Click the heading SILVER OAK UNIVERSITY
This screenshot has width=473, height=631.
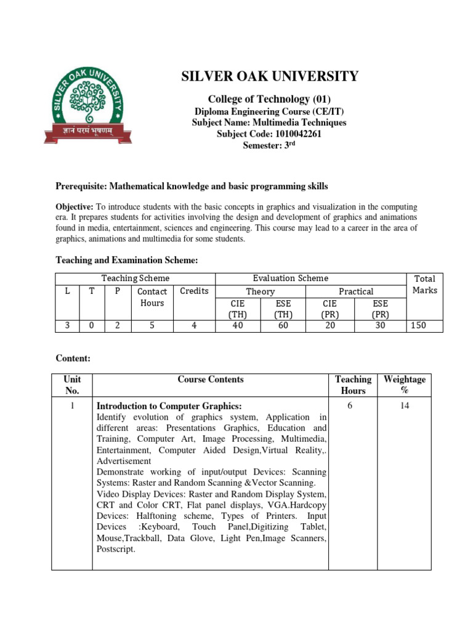(269, 76)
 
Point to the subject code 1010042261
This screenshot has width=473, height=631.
(269, 134)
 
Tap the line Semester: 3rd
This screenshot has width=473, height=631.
(269, 145)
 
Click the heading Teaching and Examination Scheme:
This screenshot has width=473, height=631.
(127, 261)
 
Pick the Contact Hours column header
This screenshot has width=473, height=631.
(152, 297)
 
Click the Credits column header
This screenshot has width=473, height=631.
(194, 291)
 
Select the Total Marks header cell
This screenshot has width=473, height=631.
(424, 285)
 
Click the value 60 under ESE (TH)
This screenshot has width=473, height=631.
(283, 325)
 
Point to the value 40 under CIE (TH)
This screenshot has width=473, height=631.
(238, 325)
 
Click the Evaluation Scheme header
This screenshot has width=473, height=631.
(291, 279)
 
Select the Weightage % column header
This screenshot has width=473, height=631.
(404, 385)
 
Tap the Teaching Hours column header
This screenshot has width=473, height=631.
(353, 385)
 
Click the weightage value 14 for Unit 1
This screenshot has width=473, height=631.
(404, 405)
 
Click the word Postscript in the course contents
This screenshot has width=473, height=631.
(115, 548)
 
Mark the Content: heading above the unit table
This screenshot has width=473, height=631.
(73, 357)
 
